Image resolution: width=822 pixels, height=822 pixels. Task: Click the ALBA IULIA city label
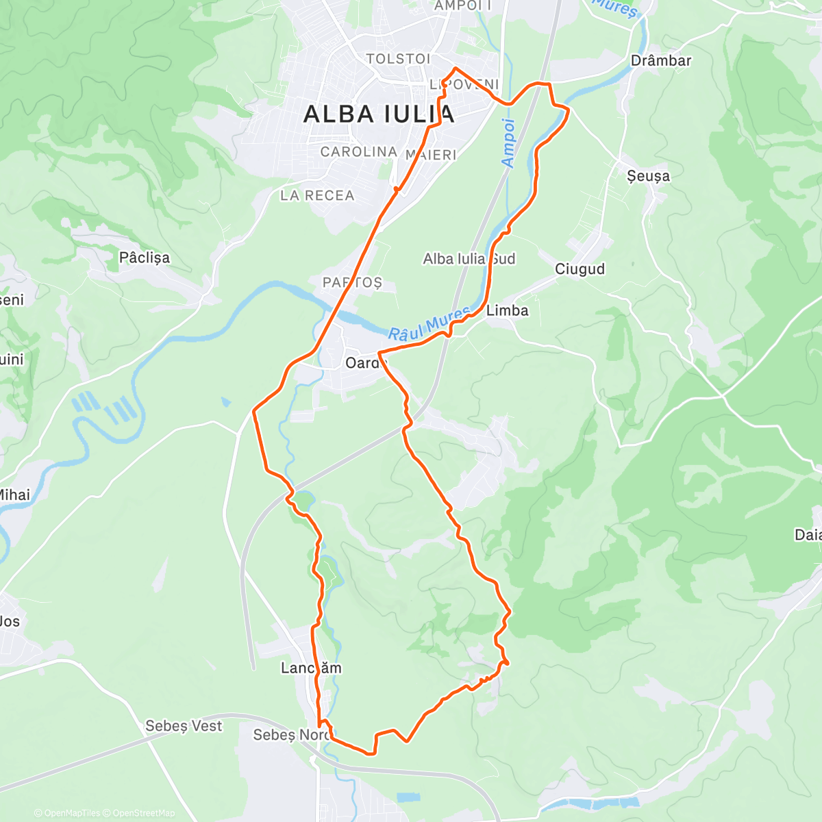click(x=378, y=114)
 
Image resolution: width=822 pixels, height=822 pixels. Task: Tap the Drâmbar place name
click(x=660, y=60)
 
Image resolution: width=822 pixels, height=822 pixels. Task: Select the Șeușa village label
click(x=648, y=176)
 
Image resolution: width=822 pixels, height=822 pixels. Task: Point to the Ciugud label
click(x=580, y=269)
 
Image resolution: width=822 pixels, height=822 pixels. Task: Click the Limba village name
click(x=507, y=310)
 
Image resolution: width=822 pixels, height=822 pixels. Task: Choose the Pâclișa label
click(x=144, y=258)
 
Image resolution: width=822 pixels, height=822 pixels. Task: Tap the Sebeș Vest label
click(x=184, y=725)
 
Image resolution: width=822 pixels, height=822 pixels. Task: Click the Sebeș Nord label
click(x=290, y=735)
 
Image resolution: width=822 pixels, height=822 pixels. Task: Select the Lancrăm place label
click(x=310, y=668)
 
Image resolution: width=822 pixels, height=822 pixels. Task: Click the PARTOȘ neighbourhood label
click(x=352, y=282)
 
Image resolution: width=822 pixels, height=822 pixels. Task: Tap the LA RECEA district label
click(x=317, y=196)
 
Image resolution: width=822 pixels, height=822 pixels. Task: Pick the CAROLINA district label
click(x=358, y=151)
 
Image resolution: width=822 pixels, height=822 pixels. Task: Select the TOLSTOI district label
click(x=398, y=59)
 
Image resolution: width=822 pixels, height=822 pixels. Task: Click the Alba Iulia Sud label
click(x=469, y=259)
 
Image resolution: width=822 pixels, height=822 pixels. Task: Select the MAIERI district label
click(x=431, y=155)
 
